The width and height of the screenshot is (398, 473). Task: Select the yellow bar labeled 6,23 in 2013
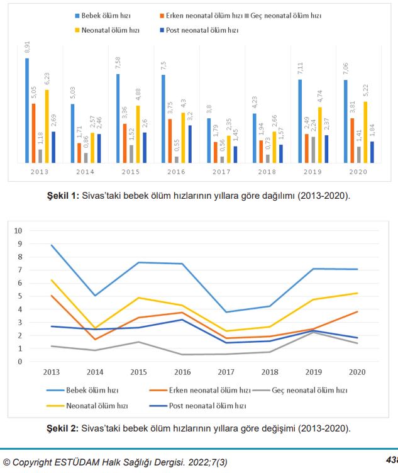click(x=47, y=126)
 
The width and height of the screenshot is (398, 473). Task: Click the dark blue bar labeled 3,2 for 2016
click(x=190, y=144)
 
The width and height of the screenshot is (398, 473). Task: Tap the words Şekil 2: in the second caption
click(x=63, y=429)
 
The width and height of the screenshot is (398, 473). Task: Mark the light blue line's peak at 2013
click(x=52, y=245)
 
